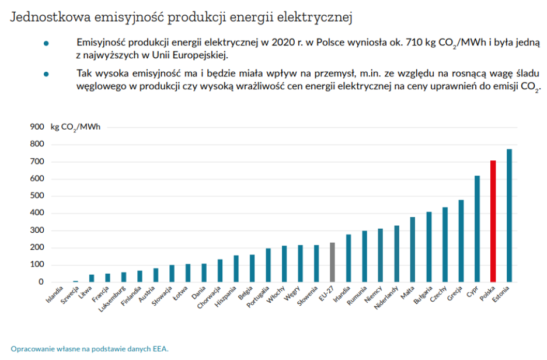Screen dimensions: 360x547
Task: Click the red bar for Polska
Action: (x=493, y=221)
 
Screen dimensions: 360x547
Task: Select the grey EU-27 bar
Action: (x=332, y=262)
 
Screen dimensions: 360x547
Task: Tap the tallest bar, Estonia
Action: (x=509, y=216)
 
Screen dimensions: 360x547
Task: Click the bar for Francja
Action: (x=107, y=278)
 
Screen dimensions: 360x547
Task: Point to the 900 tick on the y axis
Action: (x=37, y=127)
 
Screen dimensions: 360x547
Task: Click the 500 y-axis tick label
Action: (x=37, y=196)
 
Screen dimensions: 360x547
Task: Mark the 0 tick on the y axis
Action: (x=41, y=282)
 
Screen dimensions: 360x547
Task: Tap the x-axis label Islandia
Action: (x=54, y=294)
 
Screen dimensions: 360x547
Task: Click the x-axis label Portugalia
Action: (x=258, y=298)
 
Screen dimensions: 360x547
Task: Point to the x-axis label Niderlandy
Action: (x=386, y=298)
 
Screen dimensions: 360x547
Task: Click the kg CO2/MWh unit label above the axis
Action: (x=75, y=127)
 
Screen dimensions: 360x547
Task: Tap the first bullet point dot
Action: (x=46, y=44)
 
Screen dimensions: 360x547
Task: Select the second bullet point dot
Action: (x=46, y=75)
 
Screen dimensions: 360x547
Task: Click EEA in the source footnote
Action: (x=159, y=349)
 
